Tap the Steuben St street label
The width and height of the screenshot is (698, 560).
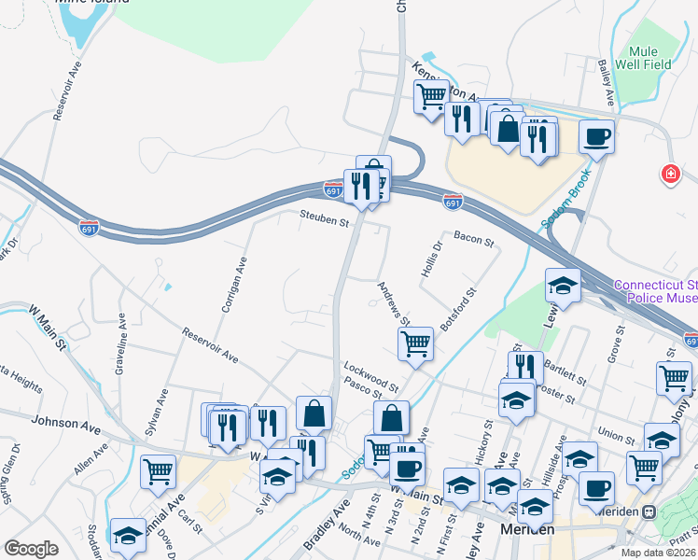[324, 222]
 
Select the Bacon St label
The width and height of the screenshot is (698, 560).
[473, 240]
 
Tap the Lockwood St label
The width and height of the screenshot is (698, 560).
[370, 371]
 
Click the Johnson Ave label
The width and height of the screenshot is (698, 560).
[65, 422]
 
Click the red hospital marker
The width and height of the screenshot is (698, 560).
[669, 174]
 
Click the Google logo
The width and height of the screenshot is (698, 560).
[32, 549]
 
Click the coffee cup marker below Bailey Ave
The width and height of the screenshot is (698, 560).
[596, 136]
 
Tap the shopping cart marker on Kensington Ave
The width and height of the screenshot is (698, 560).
[431, 95]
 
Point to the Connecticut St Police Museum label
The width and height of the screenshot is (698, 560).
[655, 291]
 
